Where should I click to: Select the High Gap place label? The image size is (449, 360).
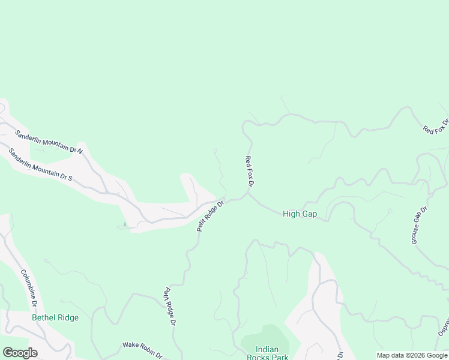pyautogui.click(x=300, y=214)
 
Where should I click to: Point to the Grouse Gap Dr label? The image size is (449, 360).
pyautogui.click(x=418, y=225)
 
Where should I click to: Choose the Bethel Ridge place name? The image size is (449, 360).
pyautogui.click(x=55, y=317)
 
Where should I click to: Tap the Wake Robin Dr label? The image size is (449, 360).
pyautogui.click(x=142, y=349)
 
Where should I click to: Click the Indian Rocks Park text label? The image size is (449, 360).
pyautogui.click(x=272, y=353)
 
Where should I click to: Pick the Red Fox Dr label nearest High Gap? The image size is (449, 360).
pyautogui.click(x=250, y=170)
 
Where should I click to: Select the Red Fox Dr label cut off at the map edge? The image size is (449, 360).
pyautogui.click(x=435, y=128)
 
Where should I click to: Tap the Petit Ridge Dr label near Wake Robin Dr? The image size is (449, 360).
pyautogui.click(x=169, y=306)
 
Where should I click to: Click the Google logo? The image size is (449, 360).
pyautogui.click(x=20, y=353)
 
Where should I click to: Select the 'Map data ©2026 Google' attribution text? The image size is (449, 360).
pyautogui.click(x=412, y=355)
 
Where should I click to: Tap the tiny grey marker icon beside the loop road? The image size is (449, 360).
pyautogui.click(x=125, y=224)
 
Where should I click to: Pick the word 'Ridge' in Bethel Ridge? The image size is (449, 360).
pyautogui.click(x=67, y=317)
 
